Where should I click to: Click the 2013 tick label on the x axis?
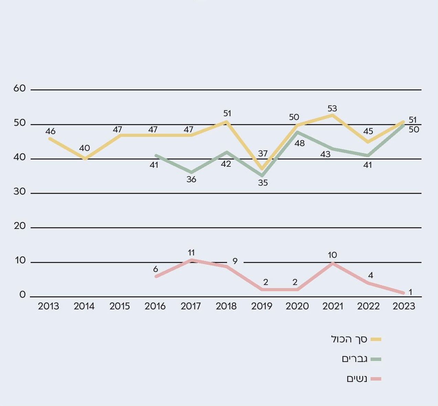coord(49,306)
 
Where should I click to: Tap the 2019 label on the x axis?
coord(262,306)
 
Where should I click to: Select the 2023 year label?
coord(404,306)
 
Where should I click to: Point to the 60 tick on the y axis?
coord(20,89)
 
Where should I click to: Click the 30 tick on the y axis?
coord(20,192)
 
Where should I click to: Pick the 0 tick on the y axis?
coord(23,295)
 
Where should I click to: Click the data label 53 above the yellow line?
coord(332,109)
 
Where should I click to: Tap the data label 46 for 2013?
coord(50,131)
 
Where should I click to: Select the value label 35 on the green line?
coord(263,183)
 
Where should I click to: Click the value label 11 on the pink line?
coord(191,253)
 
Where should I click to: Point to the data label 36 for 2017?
coord(191,179)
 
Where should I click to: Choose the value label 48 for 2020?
coord(299,143)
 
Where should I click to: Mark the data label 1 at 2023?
coord(410,292)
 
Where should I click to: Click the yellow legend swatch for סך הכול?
coord(376,340)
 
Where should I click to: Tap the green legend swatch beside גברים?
coord(376,360)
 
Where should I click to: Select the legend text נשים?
coord(357,379)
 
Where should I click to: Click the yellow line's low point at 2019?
coord(262,169)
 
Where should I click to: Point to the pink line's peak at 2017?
coord(191,260)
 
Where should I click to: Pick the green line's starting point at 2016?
coord(156,155)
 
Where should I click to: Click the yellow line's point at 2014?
coord(85,159)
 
